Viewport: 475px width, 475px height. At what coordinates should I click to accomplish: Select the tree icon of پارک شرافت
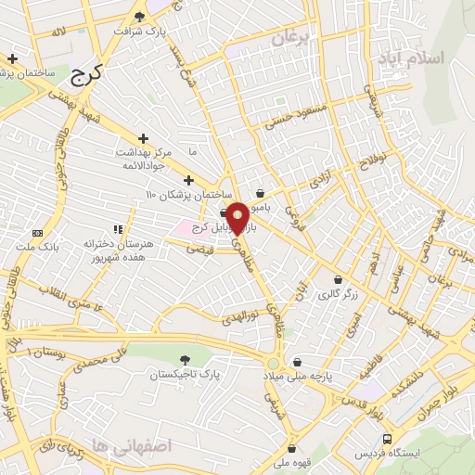[x=140, y=16]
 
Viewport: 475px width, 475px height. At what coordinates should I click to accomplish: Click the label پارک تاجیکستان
[x=188, y=374]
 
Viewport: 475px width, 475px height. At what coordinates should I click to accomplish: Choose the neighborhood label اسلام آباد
[x=409, y=58]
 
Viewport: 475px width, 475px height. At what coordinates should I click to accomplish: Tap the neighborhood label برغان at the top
[x=290, y=39]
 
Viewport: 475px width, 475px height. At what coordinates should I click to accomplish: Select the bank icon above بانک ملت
[x=37, y=233]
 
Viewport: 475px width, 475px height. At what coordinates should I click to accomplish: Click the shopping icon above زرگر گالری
[x=337, y=279]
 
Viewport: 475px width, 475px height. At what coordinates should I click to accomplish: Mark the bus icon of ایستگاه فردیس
[x=386, y=438]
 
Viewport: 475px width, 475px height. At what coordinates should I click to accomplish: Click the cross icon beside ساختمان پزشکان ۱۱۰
[x=188, y=180]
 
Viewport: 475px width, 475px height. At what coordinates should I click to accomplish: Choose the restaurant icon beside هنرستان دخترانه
[x=117, y=228]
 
